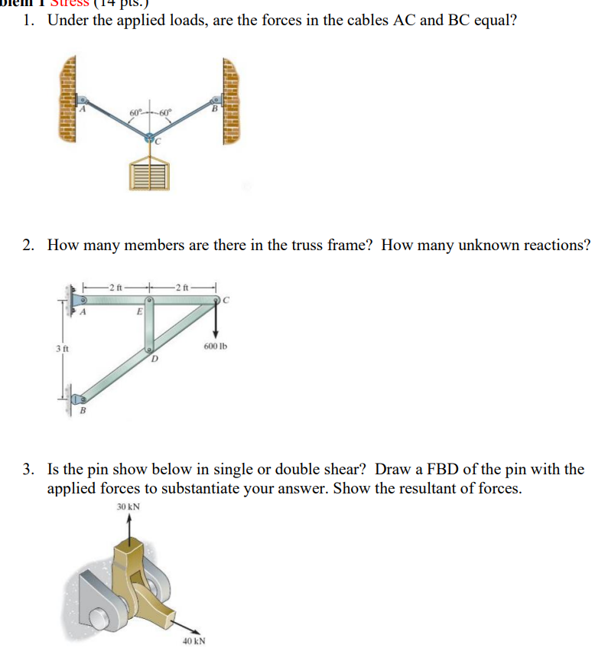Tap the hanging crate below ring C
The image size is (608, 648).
(150, 176)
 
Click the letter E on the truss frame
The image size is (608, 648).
(138, 312)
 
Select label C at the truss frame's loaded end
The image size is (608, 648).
(227, 300)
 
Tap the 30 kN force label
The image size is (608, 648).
(128, 507)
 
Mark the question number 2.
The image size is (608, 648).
(28, 245)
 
